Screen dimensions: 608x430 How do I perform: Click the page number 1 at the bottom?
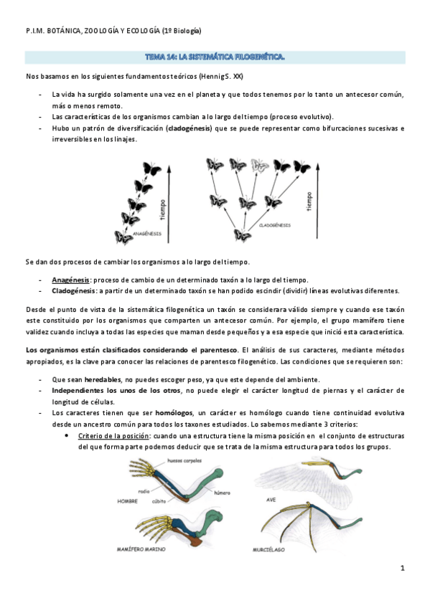[403, 568]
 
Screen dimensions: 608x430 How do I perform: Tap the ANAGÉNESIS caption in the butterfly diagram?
[147, 233]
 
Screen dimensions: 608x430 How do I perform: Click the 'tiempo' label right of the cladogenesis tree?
[310, 203]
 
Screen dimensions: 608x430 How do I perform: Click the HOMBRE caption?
[128, 501]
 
